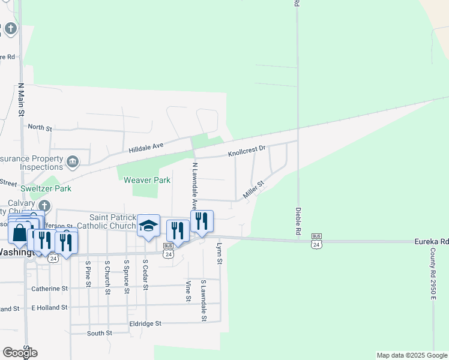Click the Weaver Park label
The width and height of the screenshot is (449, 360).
click(147, 180)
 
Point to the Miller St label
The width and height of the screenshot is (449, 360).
click(253, 191)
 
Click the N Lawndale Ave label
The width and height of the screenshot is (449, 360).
click(195, 184)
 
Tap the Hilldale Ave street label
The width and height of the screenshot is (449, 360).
click(146, 146)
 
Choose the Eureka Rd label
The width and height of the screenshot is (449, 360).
click(432, 241)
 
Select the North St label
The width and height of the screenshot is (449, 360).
click(40, 128)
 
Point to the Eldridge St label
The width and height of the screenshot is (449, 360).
click(146, 323)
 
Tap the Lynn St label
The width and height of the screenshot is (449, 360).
click(220, 254)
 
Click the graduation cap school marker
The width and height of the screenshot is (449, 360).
click(149, 226)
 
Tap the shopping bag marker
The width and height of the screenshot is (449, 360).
click(19, 233)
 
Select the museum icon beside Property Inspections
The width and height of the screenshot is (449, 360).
click(73, 161)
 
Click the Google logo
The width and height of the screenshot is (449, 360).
click(20, 353)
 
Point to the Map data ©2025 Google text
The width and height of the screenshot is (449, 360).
click(412, 355)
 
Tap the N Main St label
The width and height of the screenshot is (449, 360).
click(21, 100)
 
